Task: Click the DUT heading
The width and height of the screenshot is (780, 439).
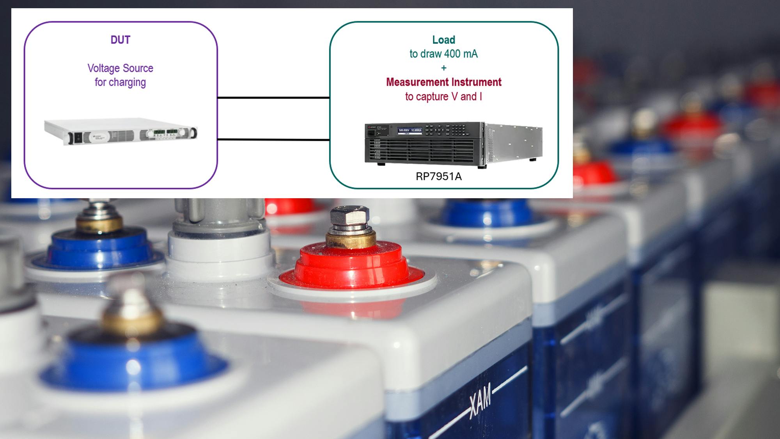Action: tap(120, 40)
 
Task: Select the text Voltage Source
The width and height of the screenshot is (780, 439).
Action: tap(120, 68)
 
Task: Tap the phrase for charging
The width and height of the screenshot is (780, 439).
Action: tap(120, 82)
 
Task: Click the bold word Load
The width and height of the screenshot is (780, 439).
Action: tap(443, 40)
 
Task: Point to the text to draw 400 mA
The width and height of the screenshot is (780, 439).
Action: tap(443, 54)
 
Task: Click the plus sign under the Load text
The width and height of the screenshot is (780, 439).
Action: tap(443, 68)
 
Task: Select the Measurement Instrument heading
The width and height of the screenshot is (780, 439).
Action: tap(443, 82)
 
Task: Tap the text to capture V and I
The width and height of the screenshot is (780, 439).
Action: tap(443, 96)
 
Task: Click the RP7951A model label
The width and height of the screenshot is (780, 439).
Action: tap(438, 177)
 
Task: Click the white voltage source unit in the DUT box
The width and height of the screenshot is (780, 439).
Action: tap(121, 132)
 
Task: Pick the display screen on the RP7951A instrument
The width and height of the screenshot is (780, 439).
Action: tap(409, 130)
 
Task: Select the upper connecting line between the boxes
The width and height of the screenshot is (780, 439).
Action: tap(273, 98)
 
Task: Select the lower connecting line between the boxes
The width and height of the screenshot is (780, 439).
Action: tap(273, 139)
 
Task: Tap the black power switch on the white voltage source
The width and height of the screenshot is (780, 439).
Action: tap(78, 138)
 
